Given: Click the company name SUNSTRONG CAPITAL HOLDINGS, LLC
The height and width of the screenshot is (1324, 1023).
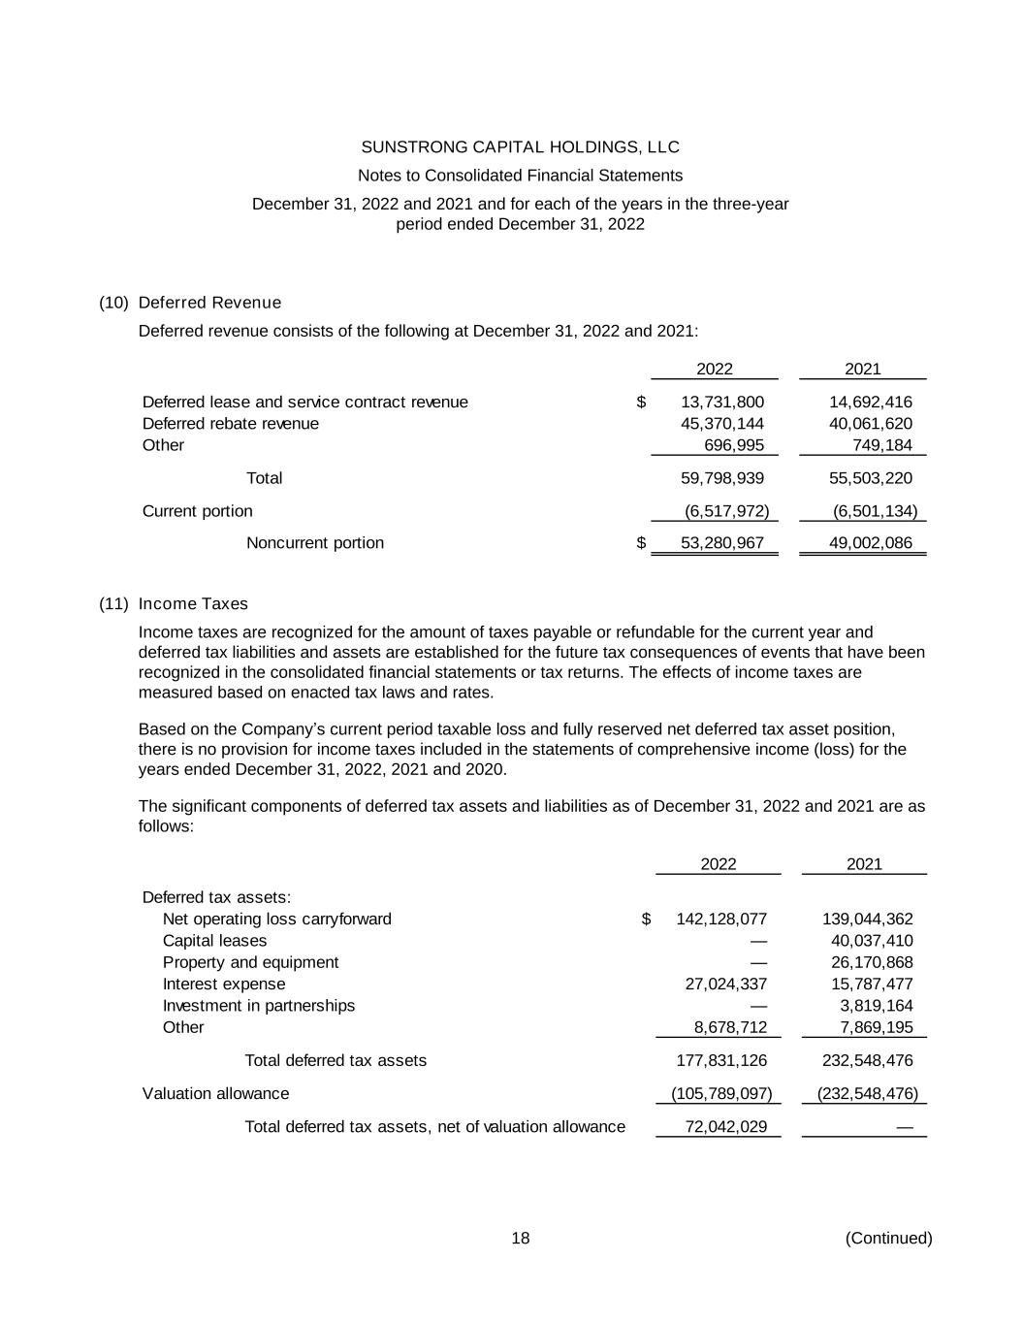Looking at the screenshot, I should coord(520,147).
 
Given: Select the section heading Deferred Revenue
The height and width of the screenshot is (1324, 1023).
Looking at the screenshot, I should coord(209,303).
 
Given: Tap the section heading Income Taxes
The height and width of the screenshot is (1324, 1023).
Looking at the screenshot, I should coord(193,604).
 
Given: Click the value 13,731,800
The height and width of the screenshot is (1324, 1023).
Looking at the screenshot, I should coord(722,403).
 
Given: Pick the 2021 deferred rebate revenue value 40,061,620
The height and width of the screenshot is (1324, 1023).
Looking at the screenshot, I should coord(870,424).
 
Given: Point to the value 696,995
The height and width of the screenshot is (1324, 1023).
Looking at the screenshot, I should coord(733,445).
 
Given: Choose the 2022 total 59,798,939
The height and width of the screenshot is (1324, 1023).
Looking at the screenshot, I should coord(722,478).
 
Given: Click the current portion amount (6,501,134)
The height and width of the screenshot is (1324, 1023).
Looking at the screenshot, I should coord(875,511).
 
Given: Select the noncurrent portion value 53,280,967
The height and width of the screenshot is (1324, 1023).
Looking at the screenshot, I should coord(722,543).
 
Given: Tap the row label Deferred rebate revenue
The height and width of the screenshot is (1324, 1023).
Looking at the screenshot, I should coord(231,424).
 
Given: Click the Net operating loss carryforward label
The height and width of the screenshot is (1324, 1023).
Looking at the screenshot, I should coord(277,920).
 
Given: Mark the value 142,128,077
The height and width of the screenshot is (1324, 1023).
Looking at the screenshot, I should coord(721,920).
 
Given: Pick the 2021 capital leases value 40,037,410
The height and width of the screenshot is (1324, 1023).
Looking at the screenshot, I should coord(872,941).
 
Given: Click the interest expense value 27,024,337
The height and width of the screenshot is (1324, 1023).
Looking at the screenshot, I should coord(725,985).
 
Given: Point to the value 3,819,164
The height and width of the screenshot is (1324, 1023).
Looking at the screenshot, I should coord(876,1006).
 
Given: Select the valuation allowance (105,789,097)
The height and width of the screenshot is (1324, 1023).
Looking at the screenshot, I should coord(721,1094).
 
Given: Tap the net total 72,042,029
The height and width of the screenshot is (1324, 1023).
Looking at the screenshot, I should coord(725,1127).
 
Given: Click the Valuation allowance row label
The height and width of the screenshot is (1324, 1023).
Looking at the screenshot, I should coord(215,1094).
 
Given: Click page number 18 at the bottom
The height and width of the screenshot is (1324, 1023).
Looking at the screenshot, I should coord(521,1239).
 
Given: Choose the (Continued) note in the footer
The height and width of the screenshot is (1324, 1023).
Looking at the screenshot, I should coord(888,1239).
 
